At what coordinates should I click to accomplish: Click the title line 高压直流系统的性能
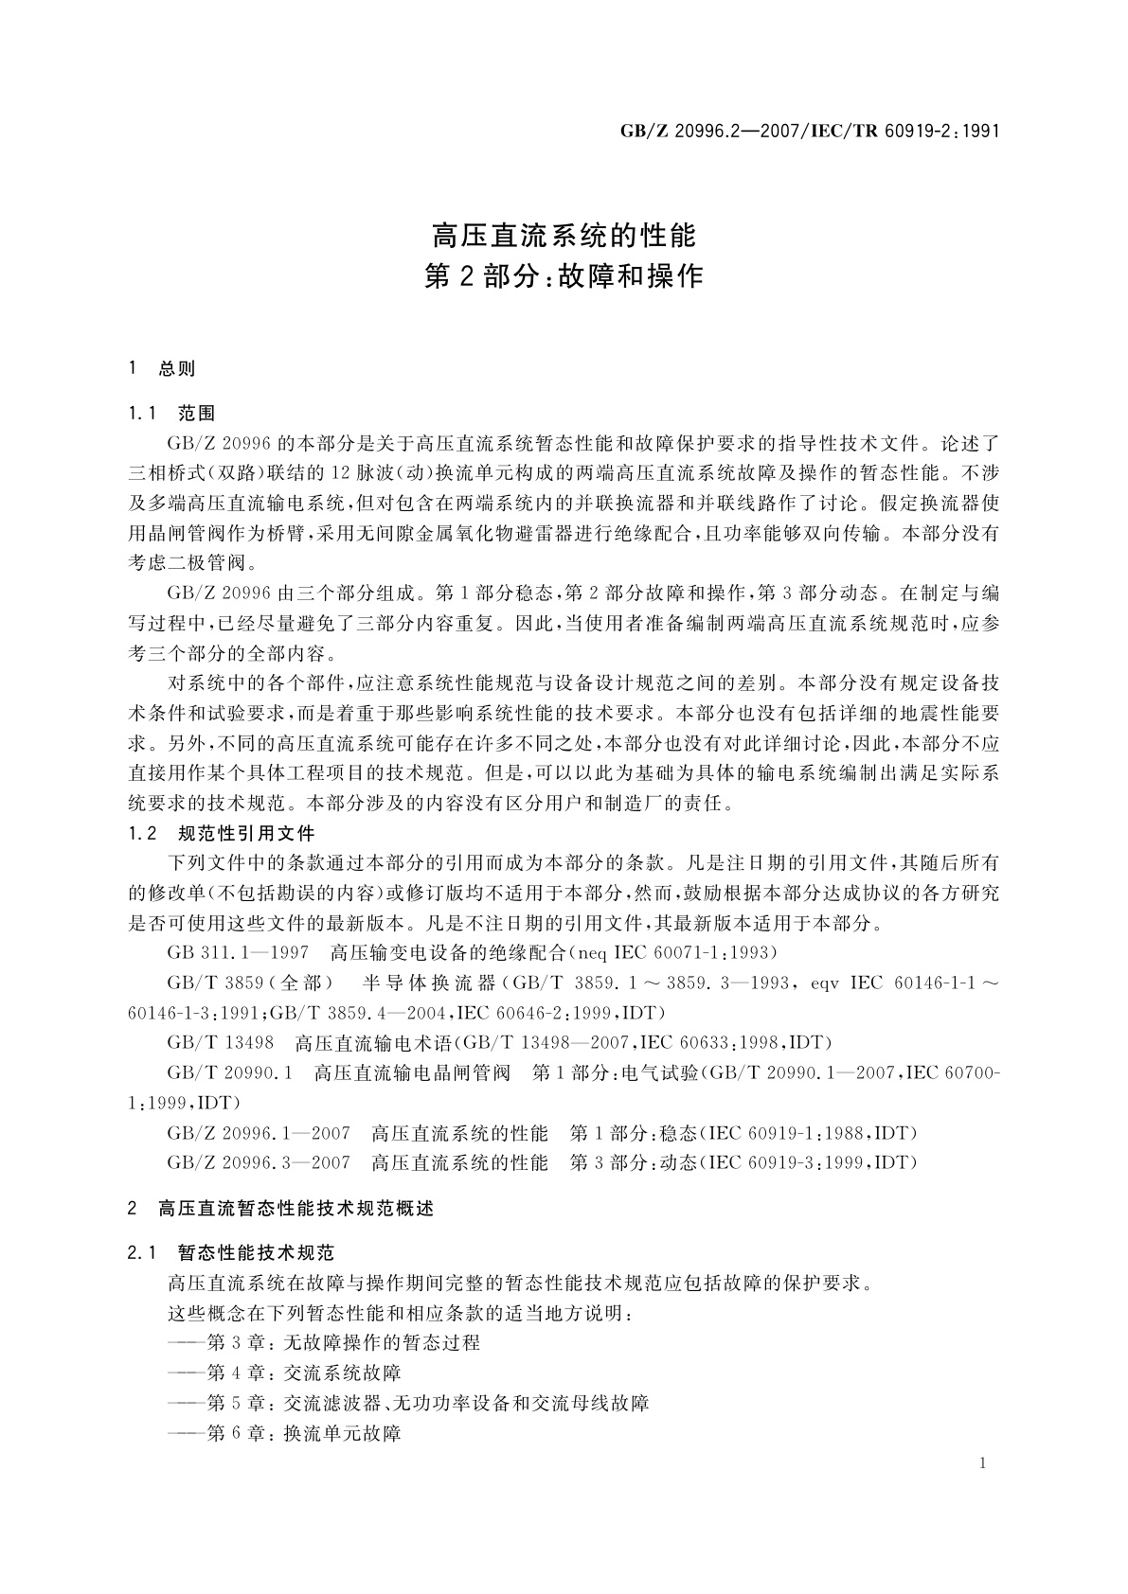coord(564,233)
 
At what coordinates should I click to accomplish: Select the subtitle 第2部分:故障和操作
coord(564,276)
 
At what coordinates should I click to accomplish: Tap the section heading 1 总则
coord(162,368)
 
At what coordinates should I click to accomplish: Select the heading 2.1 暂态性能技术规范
coord(231,1253)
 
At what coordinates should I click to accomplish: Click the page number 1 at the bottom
coord(983,1463)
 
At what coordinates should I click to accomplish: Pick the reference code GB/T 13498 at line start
coord(220,1042)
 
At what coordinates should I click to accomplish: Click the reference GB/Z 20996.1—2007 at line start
coord(258,1133)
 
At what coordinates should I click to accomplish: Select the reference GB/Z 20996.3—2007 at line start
coord(258,1161)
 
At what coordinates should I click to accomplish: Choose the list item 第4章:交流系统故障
coord(284,1373)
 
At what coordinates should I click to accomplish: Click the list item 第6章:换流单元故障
coord(284,1433)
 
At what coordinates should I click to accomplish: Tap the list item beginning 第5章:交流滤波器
coord(407,1403)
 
